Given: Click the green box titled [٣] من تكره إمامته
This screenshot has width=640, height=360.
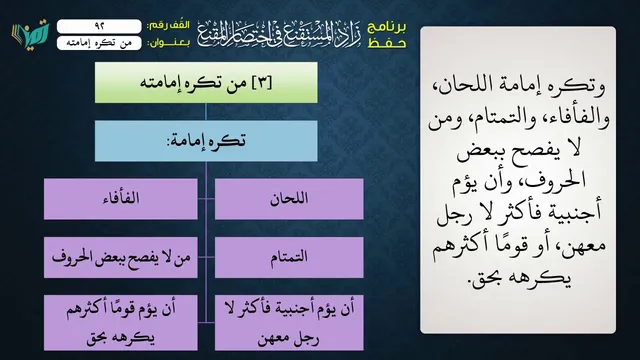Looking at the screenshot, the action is point(206,82).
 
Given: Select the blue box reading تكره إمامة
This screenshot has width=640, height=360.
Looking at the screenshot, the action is point(206,141).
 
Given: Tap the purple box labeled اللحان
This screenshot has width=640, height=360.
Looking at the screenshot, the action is point(289,199).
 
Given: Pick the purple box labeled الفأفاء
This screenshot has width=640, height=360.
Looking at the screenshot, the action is point(121,199).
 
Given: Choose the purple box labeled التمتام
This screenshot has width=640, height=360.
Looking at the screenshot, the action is point(289,257).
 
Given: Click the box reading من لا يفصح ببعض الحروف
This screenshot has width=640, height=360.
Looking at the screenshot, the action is point(121,257).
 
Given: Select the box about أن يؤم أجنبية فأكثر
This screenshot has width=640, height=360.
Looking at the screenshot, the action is point(289,322).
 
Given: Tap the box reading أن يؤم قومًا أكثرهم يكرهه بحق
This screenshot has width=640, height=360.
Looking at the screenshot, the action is point(121,322).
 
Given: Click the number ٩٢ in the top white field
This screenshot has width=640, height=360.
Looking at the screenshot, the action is point(100,26).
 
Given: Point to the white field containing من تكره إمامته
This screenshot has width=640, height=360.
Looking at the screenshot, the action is point(99,43).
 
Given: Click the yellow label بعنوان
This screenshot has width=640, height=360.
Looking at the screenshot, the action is point(169,43).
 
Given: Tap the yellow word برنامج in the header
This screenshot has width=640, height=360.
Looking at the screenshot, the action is point(387,27).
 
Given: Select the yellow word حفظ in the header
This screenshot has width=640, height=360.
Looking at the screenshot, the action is point(387,43).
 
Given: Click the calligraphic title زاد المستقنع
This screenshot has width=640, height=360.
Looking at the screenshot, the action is point(280,33).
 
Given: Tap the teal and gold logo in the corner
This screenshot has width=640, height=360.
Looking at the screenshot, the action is point(31,33).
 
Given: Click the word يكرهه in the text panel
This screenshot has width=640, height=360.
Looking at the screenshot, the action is point(549,278).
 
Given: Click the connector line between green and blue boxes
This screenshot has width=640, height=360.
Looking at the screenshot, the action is point(206,112).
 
